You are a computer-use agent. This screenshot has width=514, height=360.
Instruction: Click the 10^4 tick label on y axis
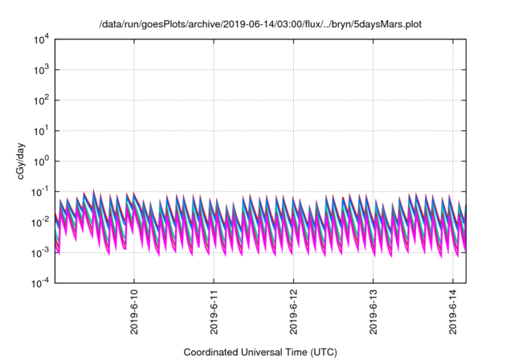(x=41, y=39)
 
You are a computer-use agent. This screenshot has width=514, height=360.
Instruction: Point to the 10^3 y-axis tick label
(x=41, y=69)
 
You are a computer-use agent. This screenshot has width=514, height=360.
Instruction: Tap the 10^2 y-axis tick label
(x=41, y=100)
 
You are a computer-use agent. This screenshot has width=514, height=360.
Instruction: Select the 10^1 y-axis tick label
(x=41, y=130)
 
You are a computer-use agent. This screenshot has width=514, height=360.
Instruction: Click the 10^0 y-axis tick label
(x=41, y=161)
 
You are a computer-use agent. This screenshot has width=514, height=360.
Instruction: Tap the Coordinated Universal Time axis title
(x=260, y=352)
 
